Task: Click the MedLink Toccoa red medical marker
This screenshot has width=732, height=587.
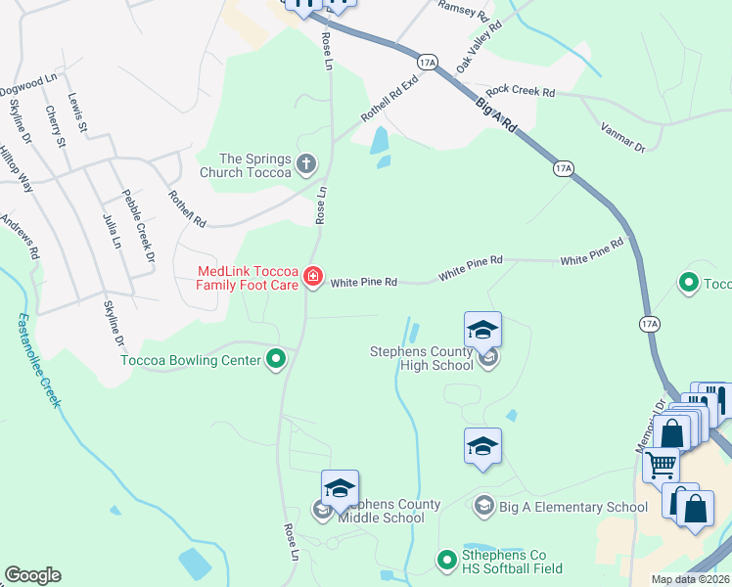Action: [x=313, y=278]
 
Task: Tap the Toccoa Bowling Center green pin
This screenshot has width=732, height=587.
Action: [x=276, y=360]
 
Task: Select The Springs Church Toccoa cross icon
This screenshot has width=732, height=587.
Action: [x=306, y=163]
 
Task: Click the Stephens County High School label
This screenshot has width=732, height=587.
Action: [x=421, y=358]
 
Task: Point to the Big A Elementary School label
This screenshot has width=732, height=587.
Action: [x=572, y=507]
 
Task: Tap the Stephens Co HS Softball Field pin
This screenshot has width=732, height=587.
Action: [x=447, y=560]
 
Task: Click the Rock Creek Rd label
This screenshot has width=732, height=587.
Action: [x=520, y=91]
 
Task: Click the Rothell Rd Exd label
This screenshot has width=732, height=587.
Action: [x=389, y=100]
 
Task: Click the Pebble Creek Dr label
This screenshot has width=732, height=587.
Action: [x=138, y=226]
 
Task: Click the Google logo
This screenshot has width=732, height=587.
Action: [x=32, y=575]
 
